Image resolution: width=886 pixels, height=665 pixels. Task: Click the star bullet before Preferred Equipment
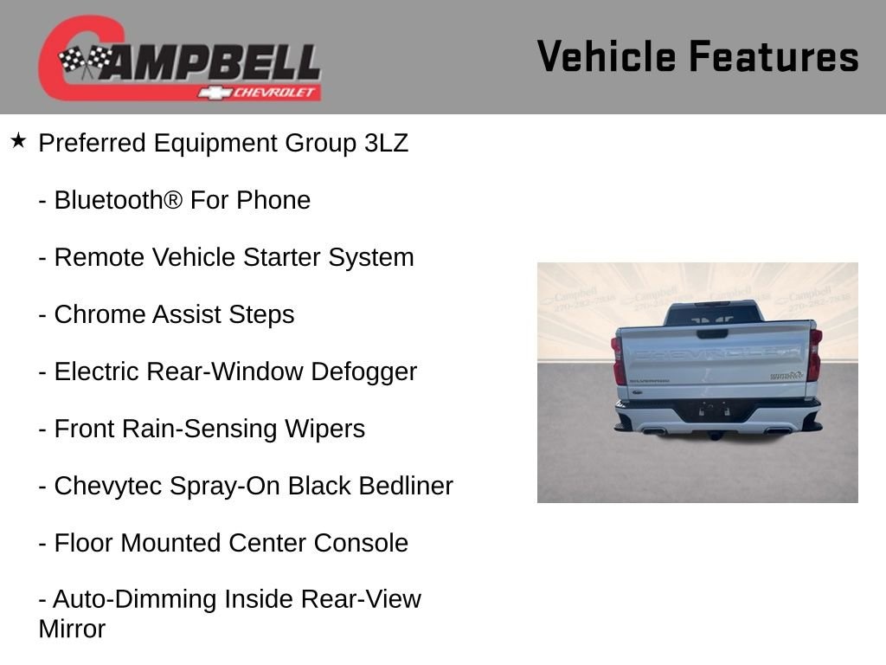tap(18, 141)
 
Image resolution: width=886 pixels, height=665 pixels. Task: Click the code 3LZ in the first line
tap(386, 143)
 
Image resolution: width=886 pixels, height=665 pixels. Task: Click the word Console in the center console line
tap(361, 543)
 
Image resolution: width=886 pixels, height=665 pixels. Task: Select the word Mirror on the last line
tap(72, 629)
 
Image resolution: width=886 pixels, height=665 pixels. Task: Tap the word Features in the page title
tap(774, 56)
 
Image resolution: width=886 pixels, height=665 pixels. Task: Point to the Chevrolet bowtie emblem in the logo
tap(215, 93)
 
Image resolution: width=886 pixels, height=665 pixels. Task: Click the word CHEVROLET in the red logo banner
tap(274, 93)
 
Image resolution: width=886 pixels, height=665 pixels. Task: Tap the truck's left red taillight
tap(618, 360)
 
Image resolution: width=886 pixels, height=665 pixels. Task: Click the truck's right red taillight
tap(814, 354)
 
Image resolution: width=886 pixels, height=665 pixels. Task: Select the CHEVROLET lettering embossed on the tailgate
tap(716, 354)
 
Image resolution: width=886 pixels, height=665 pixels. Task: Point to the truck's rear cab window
tap(713, 315)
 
